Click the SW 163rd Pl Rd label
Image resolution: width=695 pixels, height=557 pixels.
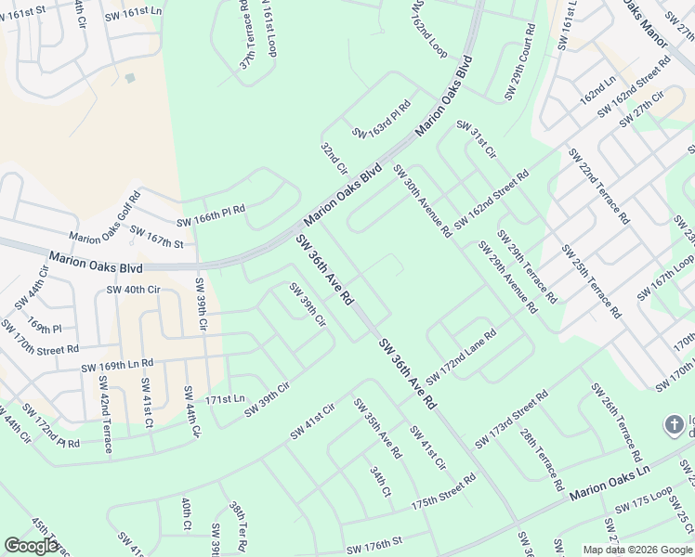click(381, 121)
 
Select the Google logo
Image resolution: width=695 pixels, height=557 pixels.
click(32, 546)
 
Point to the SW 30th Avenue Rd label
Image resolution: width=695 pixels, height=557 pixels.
click(422, 201)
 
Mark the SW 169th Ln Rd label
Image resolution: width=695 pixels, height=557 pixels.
click(116, 365)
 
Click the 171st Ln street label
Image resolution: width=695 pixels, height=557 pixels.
click(225, 398)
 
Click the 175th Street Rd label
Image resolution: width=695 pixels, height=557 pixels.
click(443, 491)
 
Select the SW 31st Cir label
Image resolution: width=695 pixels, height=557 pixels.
click(477, 138)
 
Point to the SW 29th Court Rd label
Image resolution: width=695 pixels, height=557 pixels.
click(519, 62)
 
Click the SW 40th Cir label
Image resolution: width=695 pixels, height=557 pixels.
click(134, 290)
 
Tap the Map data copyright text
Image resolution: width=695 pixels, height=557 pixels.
click(637, 550)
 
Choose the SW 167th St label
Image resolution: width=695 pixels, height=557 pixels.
click(156, 237)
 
